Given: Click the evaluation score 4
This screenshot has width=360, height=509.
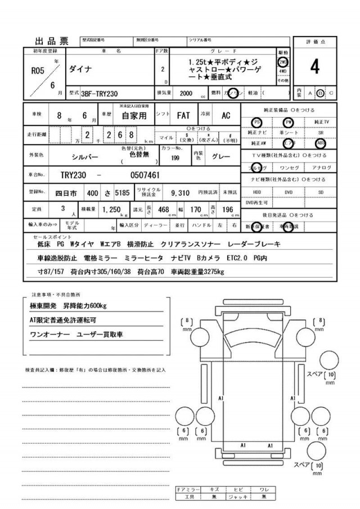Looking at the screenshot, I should tap(314, 67).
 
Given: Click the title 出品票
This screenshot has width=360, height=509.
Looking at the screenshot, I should tap(52, 40).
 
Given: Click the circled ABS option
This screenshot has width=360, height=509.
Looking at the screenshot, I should tap(321, 143).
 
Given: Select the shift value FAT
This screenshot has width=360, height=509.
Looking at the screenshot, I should tap(183, 115).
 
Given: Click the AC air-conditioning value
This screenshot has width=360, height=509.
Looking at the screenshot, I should tap(226, 115).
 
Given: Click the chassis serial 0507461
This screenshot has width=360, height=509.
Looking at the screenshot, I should tap(145, 175).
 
